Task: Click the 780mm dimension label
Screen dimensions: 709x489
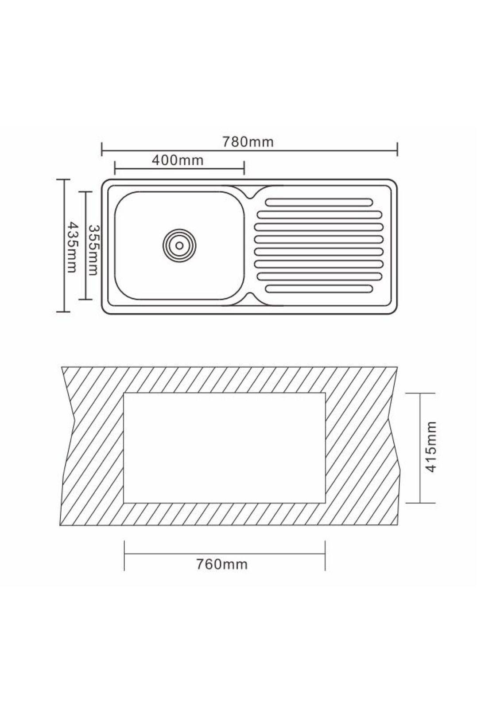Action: tap(248, 142)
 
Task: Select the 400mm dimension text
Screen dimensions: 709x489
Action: tap(178, 160)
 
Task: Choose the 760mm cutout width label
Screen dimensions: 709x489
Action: tap(221, 565)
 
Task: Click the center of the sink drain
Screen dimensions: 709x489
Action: tap(179, 244)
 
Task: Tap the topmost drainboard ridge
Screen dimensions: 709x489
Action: tap(318, 203)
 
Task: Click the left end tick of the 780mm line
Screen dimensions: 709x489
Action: tap(102, 149)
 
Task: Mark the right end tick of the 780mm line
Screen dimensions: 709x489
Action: tap(397, 149)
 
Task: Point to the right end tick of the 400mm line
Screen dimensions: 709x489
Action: tap(244, 168)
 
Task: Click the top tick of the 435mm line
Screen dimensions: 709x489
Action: tap(64, 179)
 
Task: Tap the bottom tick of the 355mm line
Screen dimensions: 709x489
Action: tap(85, 300)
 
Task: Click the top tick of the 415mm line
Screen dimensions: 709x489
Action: tap(419, 393)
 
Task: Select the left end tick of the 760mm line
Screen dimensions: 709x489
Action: tap(124, 555)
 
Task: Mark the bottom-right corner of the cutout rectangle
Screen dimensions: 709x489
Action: tap(326, 503)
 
